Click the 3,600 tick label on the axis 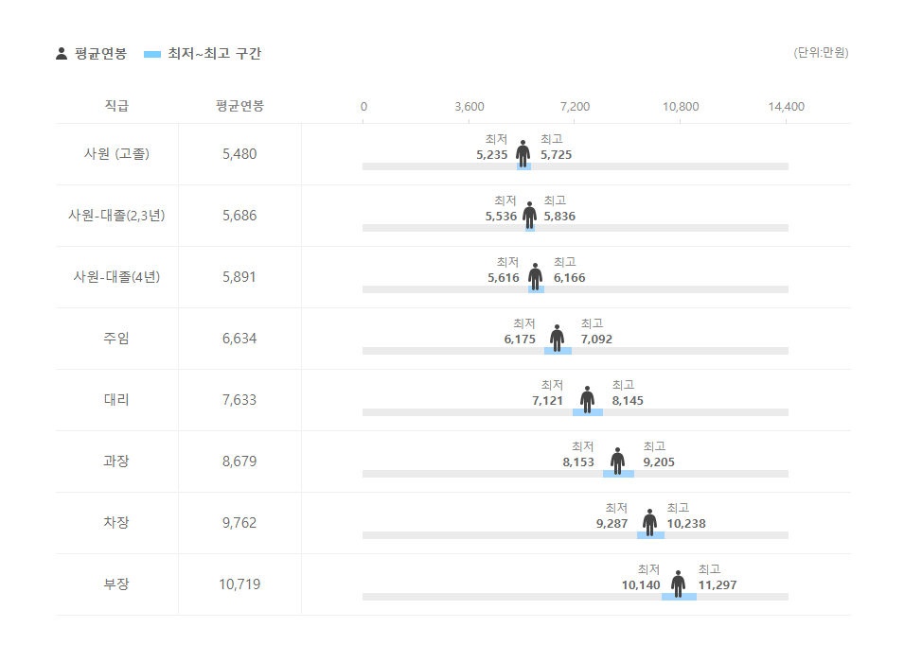point(470,107)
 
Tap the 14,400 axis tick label point(786,107)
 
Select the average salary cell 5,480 point(239,154)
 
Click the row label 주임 point(116,339)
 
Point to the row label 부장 point(116,584)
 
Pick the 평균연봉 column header point(239,106)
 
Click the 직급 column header point(116,106)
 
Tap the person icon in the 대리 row point(588,399)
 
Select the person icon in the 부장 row point(679,584)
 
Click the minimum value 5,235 point(492,155)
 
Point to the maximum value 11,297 point(718,585)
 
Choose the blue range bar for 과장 point(619,474)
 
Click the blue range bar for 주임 point(558,351)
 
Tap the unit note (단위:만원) point(821,53)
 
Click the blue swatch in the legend point(152,54)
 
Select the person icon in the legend point(62,54)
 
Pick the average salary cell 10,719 point(239,584)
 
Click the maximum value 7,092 point(596,340)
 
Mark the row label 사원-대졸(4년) point(116,277)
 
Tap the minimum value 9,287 point(612,524)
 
